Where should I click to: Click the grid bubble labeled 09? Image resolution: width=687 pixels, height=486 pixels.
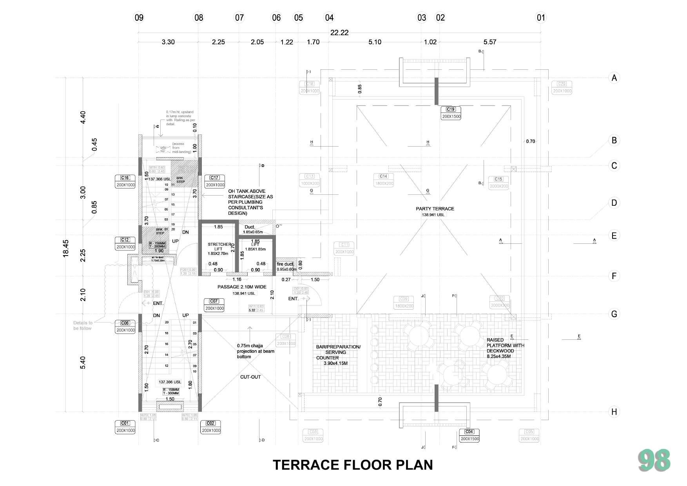point(139,18)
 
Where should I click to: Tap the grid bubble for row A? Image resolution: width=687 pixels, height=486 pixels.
point(614,78)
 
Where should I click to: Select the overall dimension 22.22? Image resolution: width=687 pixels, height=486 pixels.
point(339,33)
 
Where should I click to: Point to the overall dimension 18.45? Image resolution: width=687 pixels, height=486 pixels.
point(66,248)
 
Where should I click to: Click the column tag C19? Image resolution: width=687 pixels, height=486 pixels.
point(451,109)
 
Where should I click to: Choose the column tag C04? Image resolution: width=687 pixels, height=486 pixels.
point(469,432)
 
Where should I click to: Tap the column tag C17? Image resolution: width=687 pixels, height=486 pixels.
point(214,178)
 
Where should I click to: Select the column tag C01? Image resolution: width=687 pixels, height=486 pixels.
point(125,423)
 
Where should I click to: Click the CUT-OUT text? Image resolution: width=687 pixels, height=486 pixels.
point(250,377)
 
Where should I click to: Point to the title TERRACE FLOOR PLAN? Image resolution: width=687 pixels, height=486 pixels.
point(353,465)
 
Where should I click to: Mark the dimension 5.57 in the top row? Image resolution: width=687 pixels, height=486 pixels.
point(490,42)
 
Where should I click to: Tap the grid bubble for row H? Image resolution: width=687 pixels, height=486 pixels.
point(614,412)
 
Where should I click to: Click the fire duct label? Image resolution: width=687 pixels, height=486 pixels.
point(285,264)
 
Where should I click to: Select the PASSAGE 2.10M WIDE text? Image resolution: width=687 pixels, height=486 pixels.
point(242,287)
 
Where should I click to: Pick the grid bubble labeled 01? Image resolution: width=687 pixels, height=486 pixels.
point(541,18)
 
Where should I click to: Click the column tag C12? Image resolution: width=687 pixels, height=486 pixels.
point(125,240)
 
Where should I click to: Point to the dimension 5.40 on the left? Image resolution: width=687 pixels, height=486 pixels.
point(83,363)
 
